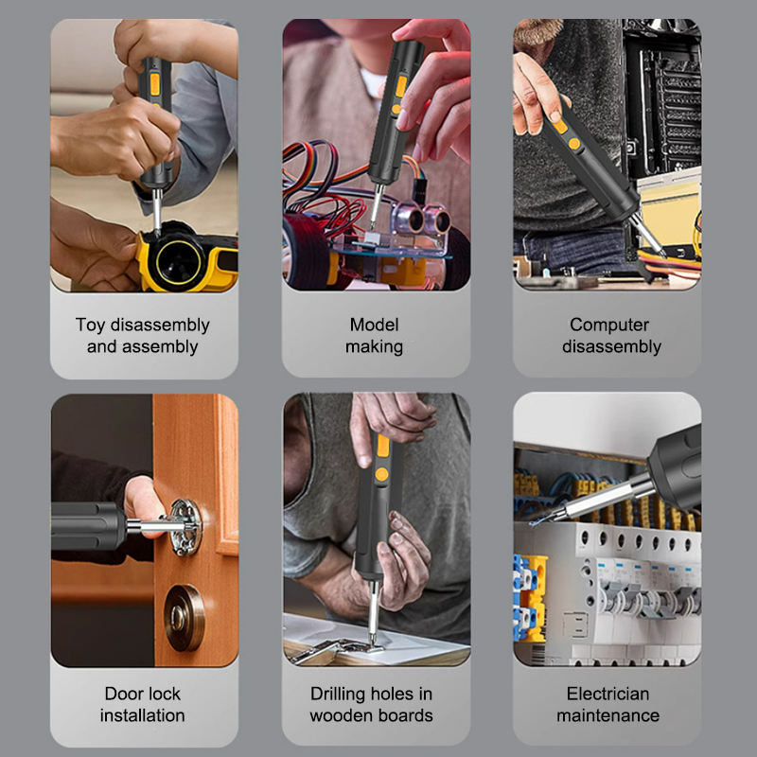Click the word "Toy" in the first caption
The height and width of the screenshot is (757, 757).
coord(90,326)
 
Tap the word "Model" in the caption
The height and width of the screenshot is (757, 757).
coord(374,325)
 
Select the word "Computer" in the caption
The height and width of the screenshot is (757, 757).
coord(609,325)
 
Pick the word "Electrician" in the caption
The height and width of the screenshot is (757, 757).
coord(607,694)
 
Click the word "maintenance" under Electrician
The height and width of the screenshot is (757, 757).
coord(607,715)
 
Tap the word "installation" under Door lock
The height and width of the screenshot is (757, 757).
coord(143,715)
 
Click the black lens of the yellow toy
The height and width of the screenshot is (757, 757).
coord(178,262)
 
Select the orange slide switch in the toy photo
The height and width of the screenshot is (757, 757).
coord(154,84)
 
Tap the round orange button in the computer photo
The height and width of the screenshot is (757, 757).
coord(574,144)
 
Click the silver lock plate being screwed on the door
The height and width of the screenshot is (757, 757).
coord(185,527)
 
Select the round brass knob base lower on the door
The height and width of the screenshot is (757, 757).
coord(185,618)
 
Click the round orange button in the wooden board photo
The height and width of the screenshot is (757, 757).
coord(381,474)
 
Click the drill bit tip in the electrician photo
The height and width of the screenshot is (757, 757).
coord(531,523)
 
